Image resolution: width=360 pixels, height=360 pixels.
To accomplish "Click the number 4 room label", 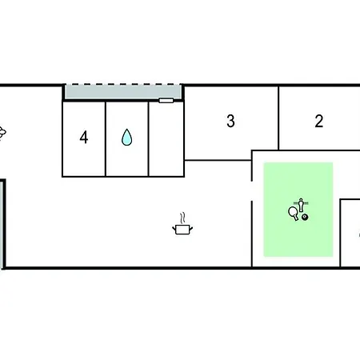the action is (x=84, y=138).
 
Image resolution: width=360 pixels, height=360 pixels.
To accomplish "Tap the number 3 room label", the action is (x=230, y=121).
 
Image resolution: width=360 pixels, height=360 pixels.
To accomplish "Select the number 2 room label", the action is (x=319, y=121).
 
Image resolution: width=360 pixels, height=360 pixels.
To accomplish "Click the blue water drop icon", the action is (x=127, y=138).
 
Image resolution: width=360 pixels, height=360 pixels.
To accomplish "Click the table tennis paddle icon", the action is (x=294, y=214).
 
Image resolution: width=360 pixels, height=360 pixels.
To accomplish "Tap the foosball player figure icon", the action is (x=301, y=206).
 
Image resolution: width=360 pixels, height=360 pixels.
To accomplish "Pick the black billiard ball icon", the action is (x=305, y=218).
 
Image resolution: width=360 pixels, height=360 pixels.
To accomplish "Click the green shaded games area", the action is (x=298, y=210).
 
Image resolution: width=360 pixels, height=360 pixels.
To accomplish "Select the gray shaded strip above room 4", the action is (x=123, y=92).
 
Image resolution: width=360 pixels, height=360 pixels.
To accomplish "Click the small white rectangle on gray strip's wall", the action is (x=166, y=101).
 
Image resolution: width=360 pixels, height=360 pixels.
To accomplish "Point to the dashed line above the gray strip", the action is (x=123, y=85).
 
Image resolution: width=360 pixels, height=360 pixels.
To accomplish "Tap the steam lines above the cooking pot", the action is (x=182, y=218).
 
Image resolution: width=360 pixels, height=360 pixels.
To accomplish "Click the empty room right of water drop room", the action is (x=166, y=139).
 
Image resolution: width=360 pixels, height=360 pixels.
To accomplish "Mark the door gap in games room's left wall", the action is (x=252, y=191).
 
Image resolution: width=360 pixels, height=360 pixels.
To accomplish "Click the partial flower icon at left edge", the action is (x=2, y=133).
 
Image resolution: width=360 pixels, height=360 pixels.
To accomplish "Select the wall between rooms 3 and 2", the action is (x=278, y=118).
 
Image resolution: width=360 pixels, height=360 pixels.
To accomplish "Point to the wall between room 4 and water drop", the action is (x=106, y=139).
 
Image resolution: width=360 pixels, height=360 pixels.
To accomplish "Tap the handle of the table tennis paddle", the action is (x=296, y=218).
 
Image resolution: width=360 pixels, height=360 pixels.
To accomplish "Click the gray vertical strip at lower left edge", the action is (x=2, y=224).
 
